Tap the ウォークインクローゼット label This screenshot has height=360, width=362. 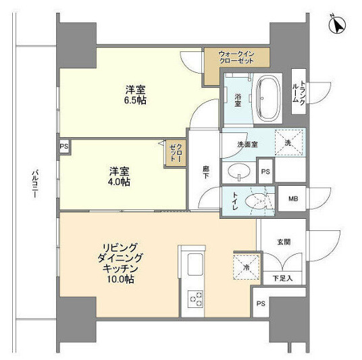coord(236,57)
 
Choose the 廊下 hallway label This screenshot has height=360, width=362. coord(205,172)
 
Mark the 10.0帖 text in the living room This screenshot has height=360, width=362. coord(119,278)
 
